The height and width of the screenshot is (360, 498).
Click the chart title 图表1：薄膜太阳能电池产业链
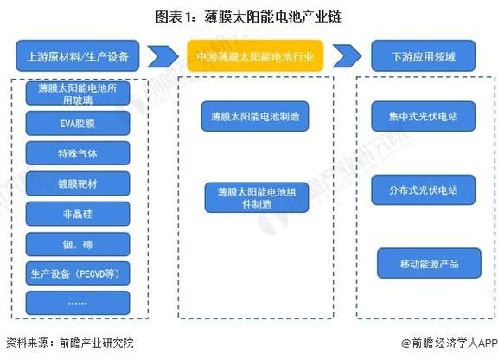pos(249,15)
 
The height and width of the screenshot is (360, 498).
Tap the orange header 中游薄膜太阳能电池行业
pos(256,56)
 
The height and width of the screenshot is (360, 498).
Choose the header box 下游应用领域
pos(425,56)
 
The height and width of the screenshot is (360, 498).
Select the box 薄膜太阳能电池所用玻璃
pos(78,93)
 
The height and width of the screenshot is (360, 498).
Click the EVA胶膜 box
pos(78,124)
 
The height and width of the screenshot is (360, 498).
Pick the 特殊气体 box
pos(78,154)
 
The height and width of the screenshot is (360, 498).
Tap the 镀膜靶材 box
pos(78,183)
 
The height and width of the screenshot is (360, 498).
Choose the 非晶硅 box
pos(78,214)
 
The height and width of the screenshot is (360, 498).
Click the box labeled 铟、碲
pos(78,243)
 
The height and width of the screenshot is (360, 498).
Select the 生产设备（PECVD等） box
pos(78,273)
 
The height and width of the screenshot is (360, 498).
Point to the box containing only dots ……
pos(78,302)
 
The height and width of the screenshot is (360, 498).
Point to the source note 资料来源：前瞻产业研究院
pos(70,343)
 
